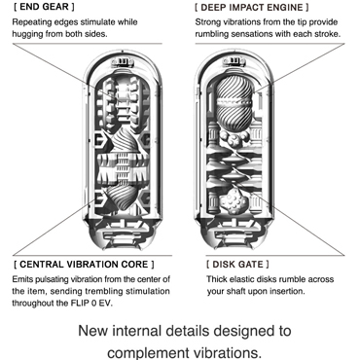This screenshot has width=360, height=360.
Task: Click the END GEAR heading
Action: [x=44, y=7]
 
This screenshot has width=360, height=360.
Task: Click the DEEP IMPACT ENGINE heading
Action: [x=252, y=7]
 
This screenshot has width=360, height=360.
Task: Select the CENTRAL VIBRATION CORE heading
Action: [x=84, y=264]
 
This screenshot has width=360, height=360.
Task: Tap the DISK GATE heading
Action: [x=237, y=264]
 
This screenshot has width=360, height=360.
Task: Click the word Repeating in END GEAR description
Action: [x=29, y=22]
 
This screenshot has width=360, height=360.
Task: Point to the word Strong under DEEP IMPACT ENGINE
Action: [x=206, y=22]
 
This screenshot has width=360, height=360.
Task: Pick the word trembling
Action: [x=108, y=291]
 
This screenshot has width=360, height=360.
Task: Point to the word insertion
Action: [x=289, y=291]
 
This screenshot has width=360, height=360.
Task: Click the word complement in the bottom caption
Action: [x=149, y=352]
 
